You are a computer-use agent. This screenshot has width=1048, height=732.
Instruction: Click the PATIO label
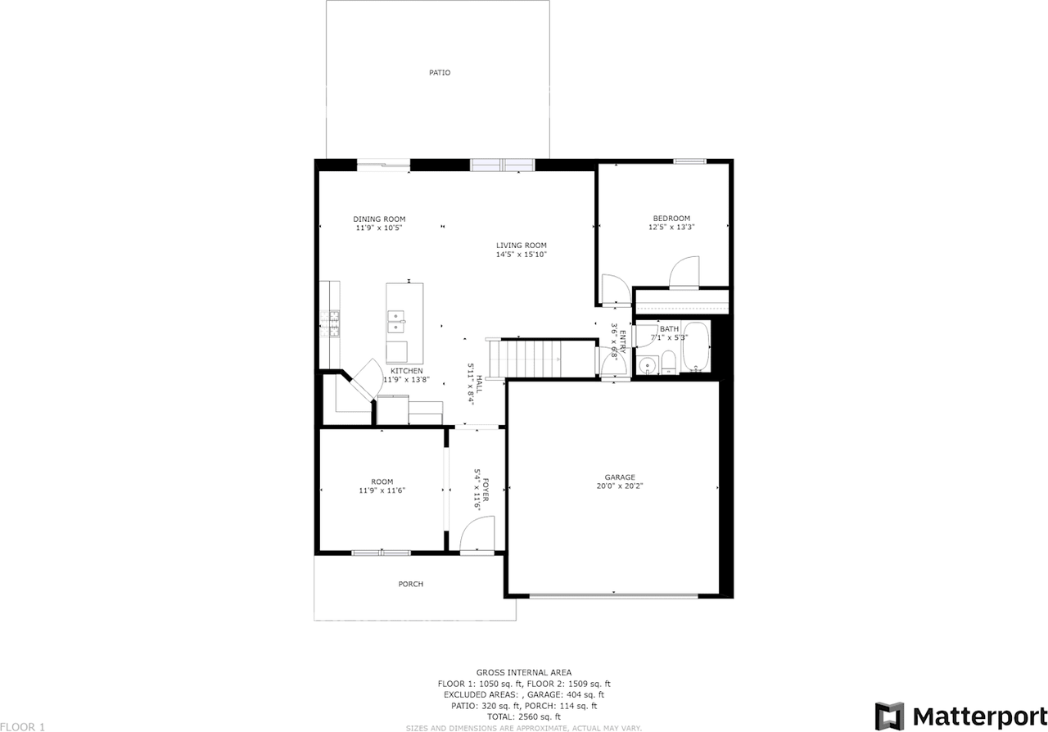[440, 73]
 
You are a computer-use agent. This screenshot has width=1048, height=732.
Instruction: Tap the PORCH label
[411, 584]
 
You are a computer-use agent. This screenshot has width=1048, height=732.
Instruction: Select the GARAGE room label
[620, 477]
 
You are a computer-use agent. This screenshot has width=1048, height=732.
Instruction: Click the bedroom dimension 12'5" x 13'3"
[671, 228]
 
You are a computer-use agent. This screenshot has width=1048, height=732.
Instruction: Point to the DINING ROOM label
[379, 219]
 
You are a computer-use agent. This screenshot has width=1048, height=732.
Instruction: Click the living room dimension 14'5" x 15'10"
[522, 255]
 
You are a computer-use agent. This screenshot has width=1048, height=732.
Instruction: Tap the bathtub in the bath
[696, 347]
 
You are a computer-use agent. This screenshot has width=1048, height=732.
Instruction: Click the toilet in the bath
[669, 363]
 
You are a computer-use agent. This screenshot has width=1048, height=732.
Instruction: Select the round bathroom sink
[648, 364]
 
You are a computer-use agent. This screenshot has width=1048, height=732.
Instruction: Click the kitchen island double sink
[395, 322]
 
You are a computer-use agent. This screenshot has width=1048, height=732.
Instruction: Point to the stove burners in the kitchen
[330, 323]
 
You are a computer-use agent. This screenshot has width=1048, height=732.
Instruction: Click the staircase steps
[525, 359]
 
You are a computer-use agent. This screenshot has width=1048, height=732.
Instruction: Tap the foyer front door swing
[477, 534]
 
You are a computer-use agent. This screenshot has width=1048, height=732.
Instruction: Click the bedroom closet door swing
[684, 272]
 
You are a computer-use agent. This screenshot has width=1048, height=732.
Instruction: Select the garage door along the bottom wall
[613, 596]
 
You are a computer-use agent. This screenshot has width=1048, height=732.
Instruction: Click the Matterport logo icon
[889, 716]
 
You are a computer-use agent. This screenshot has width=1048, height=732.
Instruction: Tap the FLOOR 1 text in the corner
[22, 727]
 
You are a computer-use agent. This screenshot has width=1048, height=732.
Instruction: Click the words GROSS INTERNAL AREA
[524, 672]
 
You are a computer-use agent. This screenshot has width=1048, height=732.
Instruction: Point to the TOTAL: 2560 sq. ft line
[524, 716]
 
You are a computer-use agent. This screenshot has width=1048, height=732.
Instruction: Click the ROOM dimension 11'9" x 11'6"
[382, 490]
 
